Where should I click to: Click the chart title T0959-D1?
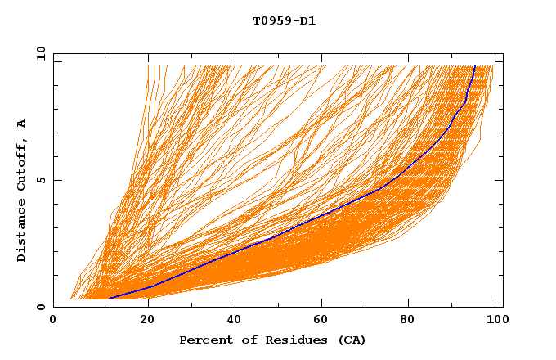[284, 21]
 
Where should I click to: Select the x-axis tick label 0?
[53, 322]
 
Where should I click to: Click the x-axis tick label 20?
[141, 322]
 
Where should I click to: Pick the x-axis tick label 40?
[231, 322]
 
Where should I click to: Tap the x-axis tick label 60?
[319, 322]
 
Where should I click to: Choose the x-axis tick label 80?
[407, 322]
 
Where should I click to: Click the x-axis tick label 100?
[493, 322]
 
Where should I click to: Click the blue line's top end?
[474, 66]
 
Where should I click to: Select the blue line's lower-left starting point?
[109, 298]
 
